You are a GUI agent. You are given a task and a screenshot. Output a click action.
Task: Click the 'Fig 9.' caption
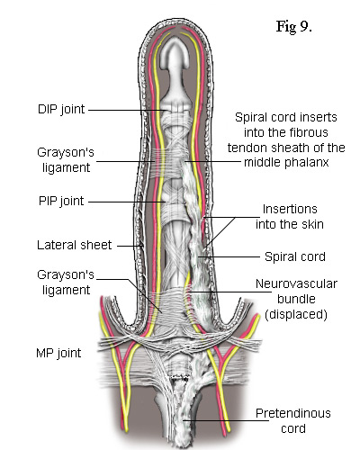pos(294,27)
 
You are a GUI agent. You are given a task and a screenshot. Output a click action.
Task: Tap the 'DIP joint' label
pos(61,109)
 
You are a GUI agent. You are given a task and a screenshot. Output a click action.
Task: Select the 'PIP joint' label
pos(61,201)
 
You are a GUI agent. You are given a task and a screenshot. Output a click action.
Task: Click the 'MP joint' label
pos(58,353)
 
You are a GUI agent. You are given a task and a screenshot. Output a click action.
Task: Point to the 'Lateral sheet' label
pos(75,245)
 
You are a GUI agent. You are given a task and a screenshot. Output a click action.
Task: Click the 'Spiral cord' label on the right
pos(295,256)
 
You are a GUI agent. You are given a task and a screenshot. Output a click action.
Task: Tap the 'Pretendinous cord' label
pos(293,420)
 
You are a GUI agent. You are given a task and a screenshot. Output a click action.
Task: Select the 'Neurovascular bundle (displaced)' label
pos(296,299)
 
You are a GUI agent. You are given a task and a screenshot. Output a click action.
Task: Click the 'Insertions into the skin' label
pos(290,217)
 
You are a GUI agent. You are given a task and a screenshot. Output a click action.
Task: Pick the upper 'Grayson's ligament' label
pos(66,160)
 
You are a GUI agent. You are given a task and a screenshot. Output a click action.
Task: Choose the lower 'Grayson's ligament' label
pos(66,283)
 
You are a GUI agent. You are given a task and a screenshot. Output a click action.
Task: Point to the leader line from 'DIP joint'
pos(128,110)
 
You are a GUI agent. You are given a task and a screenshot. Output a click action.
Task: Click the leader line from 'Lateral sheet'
pos(130,246)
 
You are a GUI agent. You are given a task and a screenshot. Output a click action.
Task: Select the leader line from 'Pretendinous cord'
pos(226,420)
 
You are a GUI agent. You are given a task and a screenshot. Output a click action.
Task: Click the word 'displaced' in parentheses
pos(296,314)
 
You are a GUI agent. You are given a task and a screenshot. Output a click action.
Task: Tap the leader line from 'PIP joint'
pos(127,202)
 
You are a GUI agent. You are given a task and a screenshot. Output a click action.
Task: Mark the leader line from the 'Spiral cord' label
pos(229,256)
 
